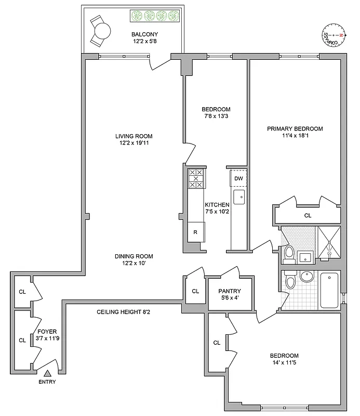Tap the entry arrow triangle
point(48,372)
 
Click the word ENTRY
point(47,382)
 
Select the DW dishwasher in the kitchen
point(238,178)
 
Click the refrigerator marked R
point(196,231)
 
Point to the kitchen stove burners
point(196,178)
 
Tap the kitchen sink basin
point(239,197)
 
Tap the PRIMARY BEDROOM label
point(295,129)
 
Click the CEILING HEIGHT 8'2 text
point(124,312)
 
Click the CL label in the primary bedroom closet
point(308,215)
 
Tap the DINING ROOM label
point(134,256)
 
